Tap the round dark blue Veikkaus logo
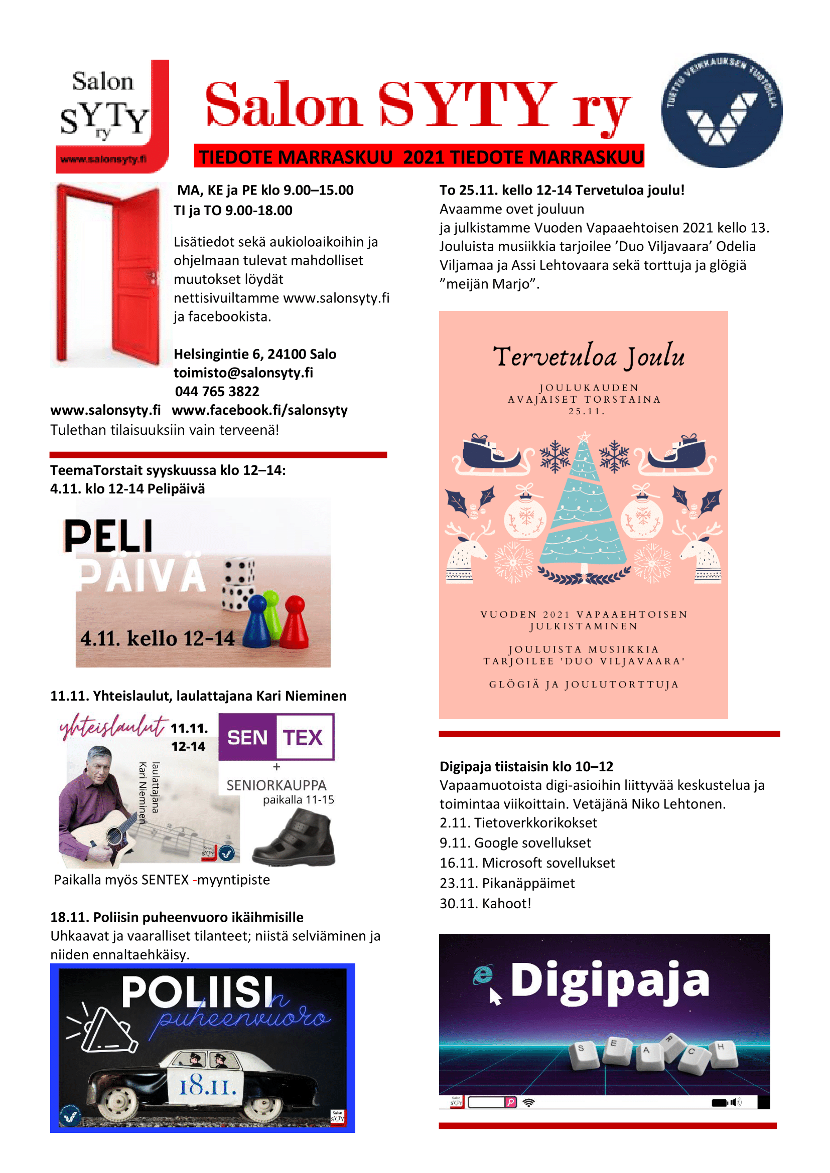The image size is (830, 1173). (x=721, y=110)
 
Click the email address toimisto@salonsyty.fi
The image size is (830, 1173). (x=243, y=373)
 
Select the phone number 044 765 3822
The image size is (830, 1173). (x=217, y=391)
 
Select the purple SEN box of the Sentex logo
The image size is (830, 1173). (x=247, y=737)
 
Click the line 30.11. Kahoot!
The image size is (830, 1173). (x=485, y=903)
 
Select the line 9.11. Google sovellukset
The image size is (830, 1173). (x=515, y=843)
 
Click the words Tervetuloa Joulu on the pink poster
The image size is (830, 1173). (x=588, y=356)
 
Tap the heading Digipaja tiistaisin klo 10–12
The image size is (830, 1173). (x=526, y=766)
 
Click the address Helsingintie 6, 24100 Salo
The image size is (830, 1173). (x=254, y=354)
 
